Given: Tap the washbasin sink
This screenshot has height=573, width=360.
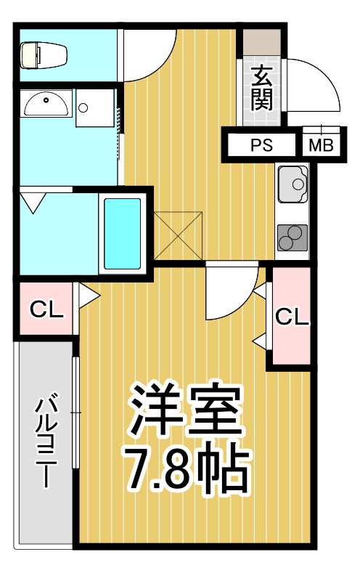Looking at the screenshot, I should [x=46, y=104].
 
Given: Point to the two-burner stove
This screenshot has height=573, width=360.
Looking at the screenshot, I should [x=292, y=237].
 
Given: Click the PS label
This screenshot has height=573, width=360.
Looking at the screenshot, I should [x=261, y=145].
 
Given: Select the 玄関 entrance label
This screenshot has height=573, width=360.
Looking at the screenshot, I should [x=262, y=86].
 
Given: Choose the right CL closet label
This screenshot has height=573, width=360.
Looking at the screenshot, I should [x=292, y=317].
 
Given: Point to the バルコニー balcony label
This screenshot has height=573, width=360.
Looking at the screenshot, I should [x=46, y=439].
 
